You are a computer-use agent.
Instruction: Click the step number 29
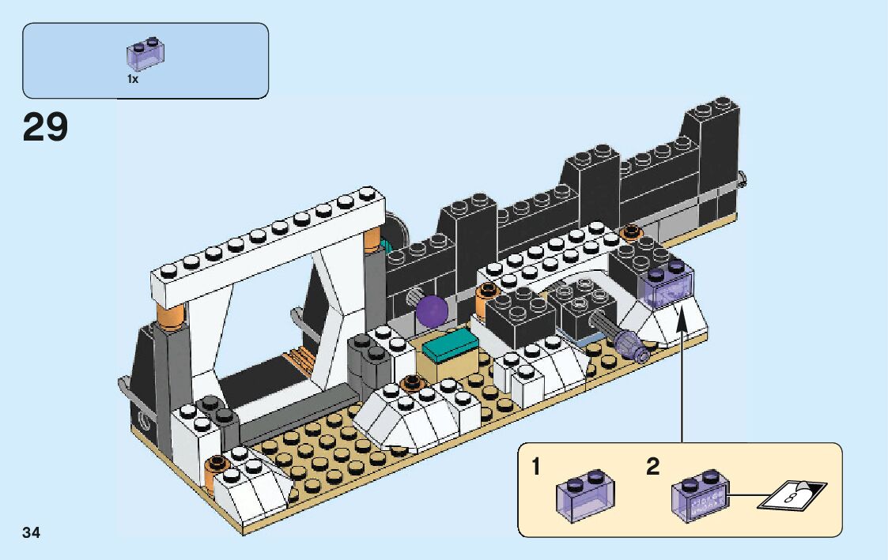click(46, 128)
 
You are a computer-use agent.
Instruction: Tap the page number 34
click(32, 533)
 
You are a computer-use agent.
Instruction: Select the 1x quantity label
click(133, 79)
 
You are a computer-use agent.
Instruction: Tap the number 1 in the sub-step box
click(537, 467)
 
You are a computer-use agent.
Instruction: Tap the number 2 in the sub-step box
click(652, 467)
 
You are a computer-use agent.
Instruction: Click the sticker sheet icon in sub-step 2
click(791, 494)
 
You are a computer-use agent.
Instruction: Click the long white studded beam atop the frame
click(269, 245)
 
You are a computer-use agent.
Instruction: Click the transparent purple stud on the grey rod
click(629, 342)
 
